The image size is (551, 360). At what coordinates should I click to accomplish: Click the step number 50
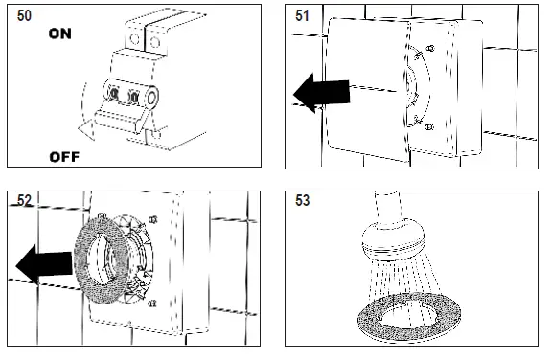click(x=24, y=15)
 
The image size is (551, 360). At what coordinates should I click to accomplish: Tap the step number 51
click(x=302, y=15)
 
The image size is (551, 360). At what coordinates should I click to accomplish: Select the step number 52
click(x=24, y=200)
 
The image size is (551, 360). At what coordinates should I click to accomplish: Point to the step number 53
click(x=302, y=200)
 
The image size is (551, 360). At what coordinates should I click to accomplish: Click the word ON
click(x=60, y=34)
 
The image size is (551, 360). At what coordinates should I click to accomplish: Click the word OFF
click(x=64, y=157)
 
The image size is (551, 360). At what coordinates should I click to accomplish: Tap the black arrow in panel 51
click(x=322, y=93)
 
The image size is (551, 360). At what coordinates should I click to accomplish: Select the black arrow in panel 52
click(x=44, y=264)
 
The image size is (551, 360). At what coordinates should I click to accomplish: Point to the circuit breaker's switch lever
click(x=120, y=116)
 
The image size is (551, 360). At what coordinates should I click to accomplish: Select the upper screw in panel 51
click(x=430, y=48)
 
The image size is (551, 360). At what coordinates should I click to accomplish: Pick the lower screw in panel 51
click(x=429, y=126)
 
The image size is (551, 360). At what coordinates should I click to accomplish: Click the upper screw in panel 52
click(x=153, y=220)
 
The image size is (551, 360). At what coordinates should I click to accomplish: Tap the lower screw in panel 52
click(x=151, y=303)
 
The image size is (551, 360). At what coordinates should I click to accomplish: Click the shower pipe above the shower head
click(x=387, y=207)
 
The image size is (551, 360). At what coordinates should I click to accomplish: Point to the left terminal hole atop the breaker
click(x=134, y=38)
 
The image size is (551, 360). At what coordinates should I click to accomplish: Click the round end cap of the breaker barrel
click(x=152, y=97)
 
